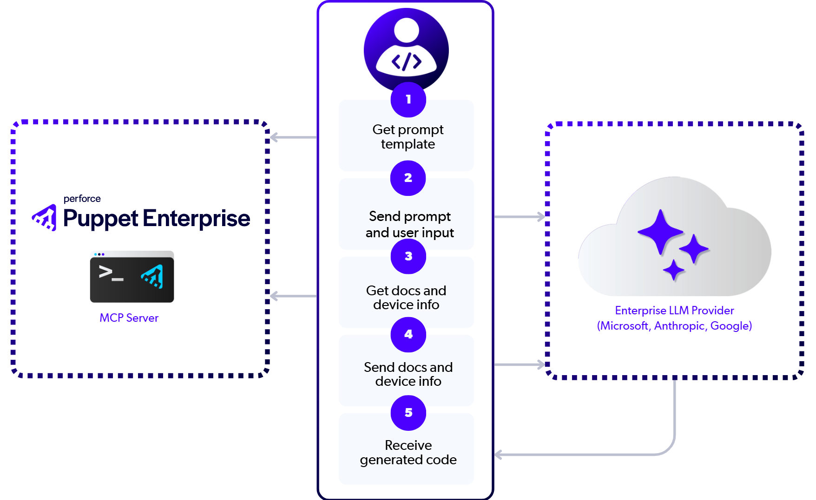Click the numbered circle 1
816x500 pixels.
(x=408, y=99)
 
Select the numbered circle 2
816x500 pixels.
(x=408, y=178)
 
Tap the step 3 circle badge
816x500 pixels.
(x=408, y=256)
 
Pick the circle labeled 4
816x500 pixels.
(x=408, y=334)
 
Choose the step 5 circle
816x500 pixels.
(x=408, y=413)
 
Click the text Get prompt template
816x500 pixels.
(x=408, y=137)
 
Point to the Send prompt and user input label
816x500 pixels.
(x=409, y=225)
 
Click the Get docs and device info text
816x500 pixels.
(x=406, y=298)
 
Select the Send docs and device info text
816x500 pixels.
(x=408, y=374)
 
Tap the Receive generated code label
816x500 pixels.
(x=408, y=453)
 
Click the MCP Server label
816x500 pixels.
(x=129, y=318)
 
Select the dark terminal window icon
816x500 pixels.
(x=132, y=277)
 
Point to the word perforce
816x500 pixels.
(x=82, y=199)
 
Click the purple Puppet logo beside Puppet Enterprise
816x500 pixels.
(x=45, y=218)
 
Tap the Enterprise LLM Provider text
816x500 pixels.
(x=674, y=311)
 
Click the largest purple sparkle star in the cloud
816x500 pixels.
(x=660, y=232)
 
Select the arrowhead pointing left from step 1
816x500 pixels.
(x=274, y=137)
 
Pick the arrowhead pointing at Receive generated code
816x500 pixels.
(x=498, y=455)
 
